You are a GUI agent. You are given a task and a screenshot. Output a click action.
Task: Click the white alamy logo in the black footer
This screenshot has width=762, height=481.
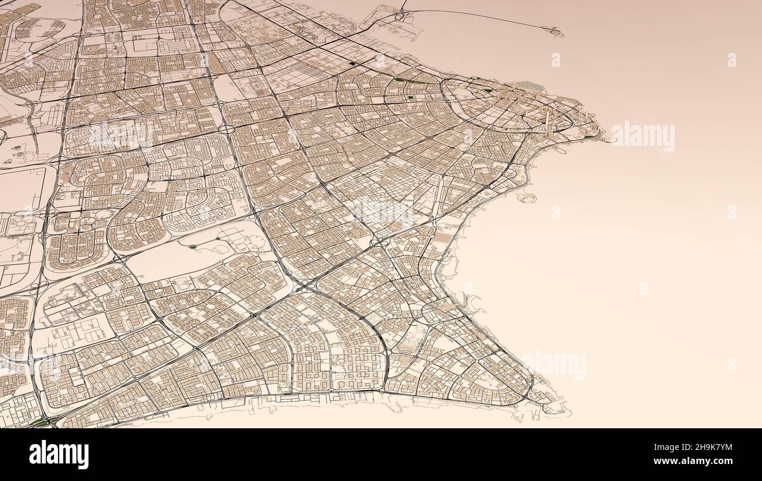click(59, 455)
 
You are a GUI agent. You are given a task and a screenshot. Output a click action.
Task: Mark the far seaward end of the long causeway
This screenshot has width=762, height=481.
click(556, 32)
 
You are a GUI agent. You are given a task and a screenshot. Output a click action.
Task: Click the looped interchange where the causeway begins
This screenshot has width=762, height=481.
click(403, 11)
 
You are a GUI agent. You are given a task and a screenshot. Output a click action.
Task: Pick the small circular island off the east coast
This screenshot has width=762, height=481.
click(525, 197)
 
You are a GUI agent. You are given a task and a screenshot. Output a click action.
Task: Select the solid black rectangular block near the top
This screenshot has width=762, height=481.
click(352, 63)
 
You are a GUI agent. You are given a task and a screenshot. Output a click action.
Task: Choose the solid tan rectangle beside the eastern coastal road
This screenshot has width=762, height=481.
click(444, 238)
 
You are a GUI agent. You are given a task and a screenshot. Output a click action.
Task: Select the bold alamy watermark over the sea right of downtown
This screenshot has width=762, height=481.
click(642, 137)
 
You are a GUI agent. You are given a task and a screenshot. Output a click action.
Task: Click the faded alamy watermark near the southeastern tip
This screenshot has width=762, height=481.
click(556, 364)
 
